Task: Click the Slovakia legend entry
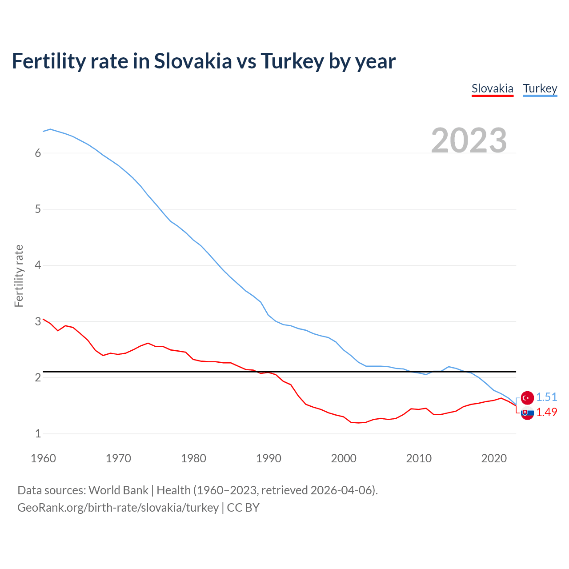[x=492, y=88]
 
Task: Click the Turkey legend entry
[x=540, y=88]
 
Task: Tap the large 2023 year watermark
[x=469, y=140]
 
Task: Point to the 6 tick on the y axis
[x=38, y=153]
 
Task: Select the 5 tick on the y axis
[x=38, y=209]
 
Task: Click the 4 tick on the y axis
[x=38, y=265]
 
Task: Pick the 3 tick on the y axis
[x=38, y=321]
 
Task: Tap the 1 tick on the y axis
[x=38, y=433]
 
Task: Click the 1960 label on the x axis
[x=43, y=458]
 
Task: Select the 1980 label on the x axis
[x=193, y=458]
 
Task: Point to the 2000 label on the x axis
[x=344, y=458]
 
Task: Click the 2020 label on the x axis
[x=494, y=458]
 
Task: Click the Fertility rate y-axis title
[x=19, y=276]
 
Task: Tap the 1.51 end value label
[x=546, y=397]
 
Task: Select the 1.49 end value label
[x=546, y=412]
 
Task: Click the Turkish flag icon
[x=527, y=397]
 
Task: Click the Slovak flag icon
[x=527, y=413]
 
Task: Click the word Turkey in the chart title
[x=292, y=61]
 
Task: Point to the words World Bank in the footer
[x=118, y=490]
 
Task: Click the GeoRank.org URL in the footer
[x=118, y=507]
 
